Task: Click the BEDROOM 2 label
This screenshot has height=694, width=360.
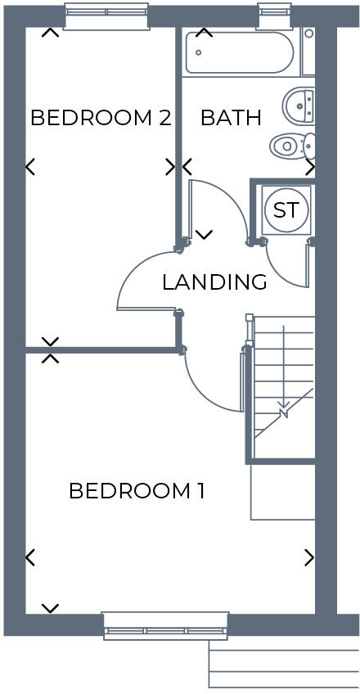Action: click(100, 118)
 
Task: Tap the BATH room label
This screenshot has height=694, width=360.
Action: click(231, 118)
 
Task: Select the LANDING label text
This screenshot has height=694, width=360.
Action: click(214, 282)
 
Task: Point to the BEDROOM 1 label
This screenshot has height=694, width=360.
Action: click(137, 491)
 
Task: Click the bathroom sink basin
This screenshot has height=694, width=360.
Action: click(299, 104)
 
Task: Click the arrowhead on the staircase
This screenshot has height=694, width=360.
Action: click(283, 412)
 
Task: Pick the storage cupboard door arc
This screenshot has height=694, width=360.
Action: click(282, 274)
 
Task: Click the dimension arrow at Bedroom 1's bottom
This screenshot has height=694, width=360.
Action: click(50, 608)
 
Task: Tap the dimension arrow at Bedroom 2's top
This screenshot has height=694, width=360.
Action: click(51, 33)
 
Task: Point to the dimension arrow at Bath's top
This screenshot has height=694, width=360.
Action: click(204, 33)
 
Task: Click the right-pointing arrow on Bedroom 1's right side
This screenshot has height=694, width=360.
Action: click(309, 557)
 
